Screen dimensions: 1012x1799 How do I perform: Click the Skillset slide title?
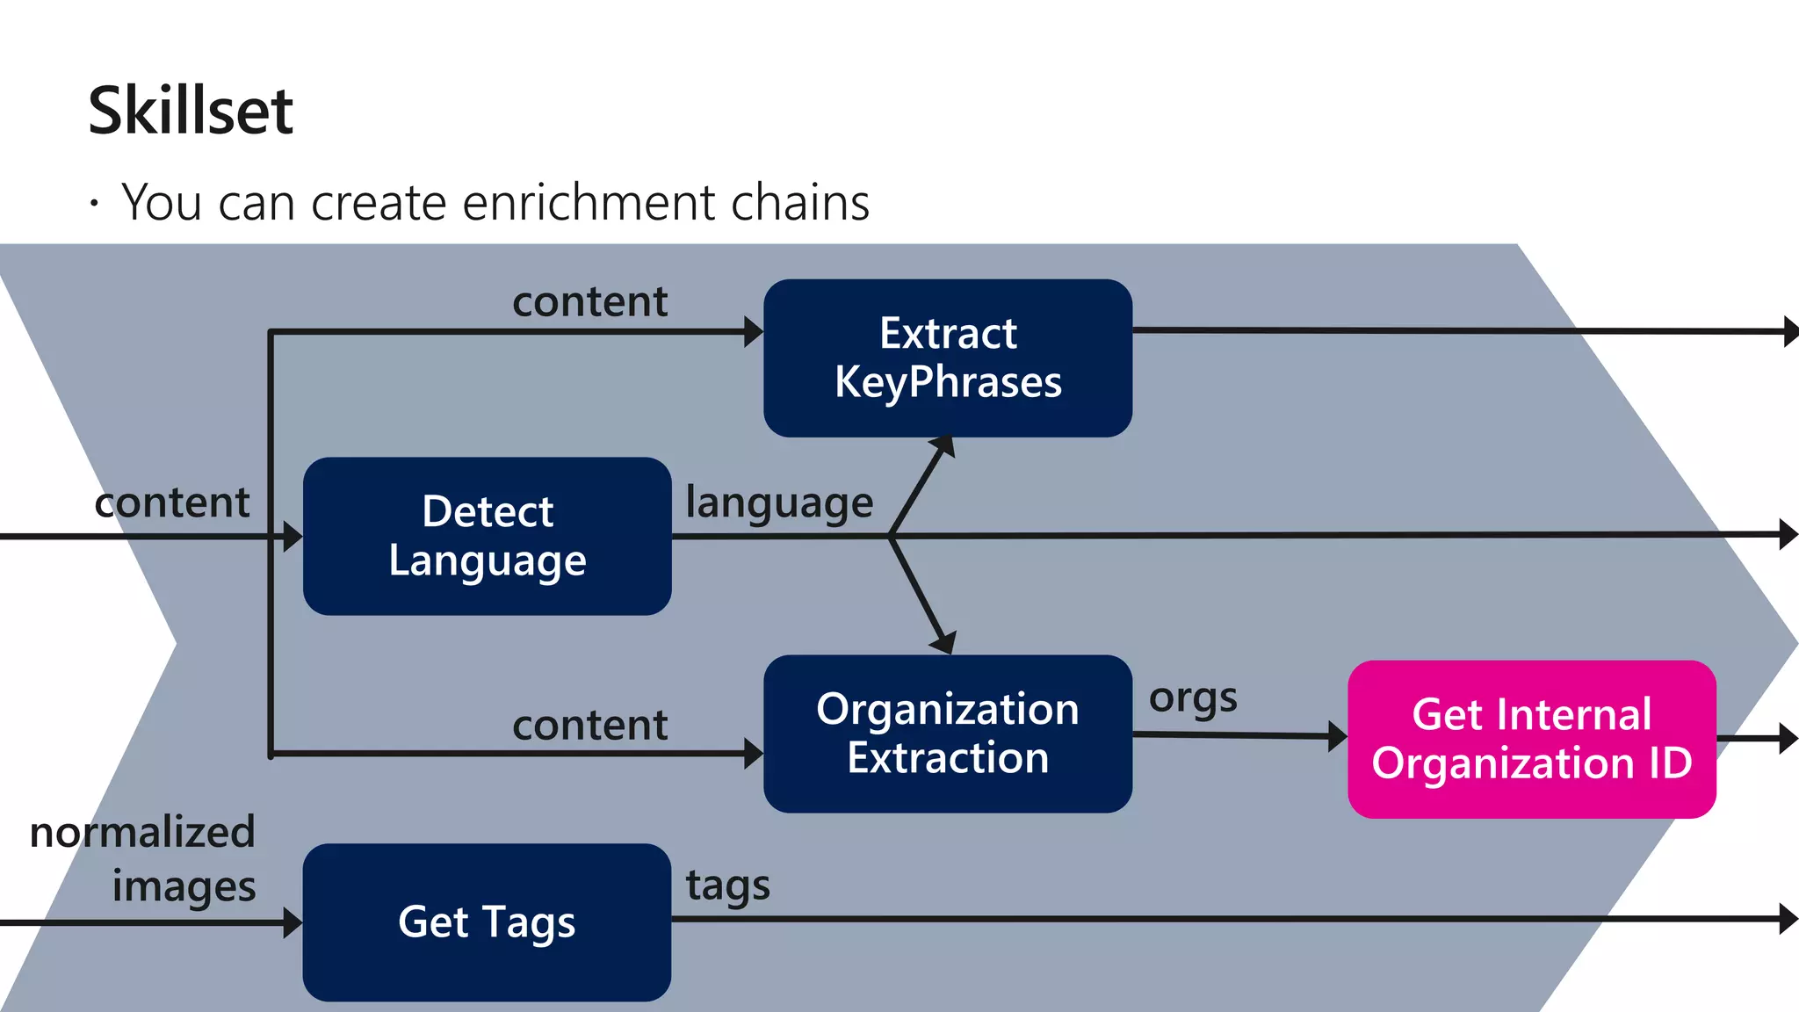(190, 111)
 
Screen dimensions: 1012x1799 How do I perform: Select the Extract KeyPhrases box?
(947, 358)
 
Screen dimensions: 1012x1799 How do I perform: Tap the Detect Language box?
(487, 535)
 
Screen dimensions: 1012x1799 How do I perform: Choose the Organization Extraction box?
(947, 733)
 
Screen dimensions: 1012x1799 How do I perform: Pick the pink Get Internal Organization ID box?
(1531, 739)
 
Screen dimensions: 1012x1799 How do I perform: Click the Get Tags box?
(487, 922)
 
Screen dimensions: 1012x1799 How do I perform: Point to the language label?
(778, 503)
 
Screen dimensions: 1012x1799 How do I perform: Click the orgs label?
(1192, 698)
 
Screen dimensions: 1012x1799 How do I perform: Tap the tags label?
(727, 885)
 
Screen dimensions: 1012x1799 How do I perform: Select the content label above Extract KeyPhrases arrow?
(589, 302)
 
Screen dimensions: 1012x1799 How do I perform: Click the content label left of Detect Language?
(172, 502)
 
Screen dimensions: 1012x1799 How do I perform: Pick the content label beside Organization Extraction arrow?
(589, 726)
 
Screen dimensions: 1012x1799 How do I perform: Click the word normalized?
(142, 832)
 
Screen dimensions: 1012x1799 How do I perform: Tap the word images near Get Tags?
(184, 886)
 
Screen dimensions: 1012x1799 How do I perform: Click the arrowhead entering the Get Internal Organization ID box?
(1337, 736)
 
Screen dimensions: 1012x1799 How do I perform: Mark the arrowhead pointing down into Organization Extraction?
(943, 643)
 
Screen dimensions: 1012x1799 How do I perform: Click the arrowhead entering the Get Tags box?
(293, 922)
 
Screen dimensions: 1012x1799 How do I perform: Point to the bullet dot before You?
(94, 205)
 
